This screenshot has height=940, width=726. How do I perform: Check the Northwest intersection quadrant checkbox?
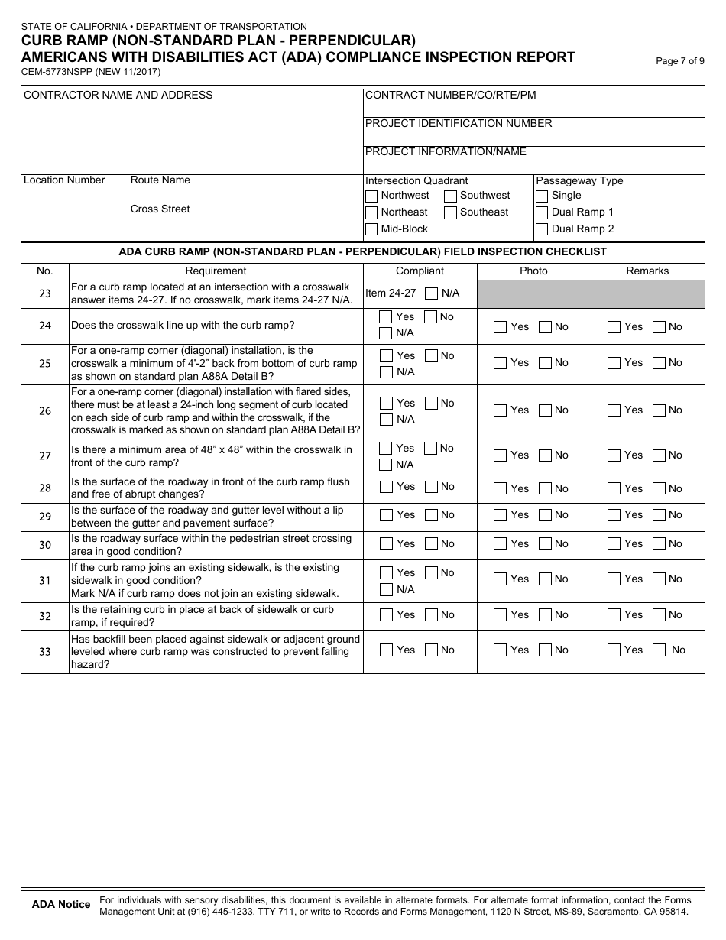[x=371, y=196]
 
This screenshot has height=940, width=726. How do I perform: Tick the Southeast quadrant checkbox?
[x=451, y=212]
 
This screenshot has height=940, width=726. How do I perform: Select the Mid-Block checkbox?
[x=371, y=229]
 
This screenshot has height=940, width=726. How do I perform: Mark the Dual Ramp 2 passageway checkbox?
[x=542, y=229]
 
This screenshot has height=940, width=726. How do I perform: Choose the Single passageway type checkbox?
[x=542, y=196]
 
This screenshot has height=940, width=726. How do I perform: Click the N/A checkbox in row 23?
[x=432, y=293]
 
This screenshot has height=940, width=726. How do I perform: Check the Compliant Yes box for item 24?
[x=387, y=317]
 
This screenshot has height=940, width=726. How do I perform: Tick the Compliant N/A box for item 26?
[x=387, y=420]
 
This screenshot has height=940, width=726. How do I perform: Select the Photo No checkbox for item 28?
[x=546, y=488]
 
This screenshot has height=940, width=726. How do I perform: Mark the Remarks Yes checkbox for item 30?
[x=614, y=544]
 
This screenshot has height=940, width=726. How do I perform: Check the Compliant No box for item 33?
[x=432, y=650]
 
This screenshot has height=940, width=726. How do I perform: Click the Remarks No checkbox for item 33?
[x=660, y=650]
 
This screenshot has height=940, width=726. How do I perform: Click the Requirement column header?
[x=216, y=271]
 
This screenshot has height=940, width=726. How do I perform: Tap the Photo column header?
[x=533, y=271]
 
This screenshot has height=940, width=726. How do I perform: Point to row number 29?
[x=45, y=517]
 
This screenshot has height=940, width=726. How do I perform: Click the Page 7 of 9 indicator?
[x=680, y=62]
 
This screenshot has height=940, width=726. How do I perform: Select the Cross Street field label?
[x=160, y=209]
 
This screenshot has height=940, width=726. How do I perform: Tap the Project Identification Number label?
[x=459, y=124]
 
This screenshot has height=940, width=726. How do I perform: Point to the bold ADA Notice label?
[x=61, y=905]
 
